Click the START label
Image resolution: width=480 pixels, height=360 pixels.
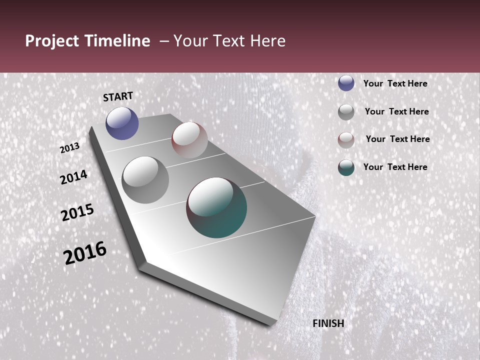pos(118,96)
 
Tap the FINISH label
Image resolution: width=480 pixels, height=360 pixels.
pos(328,323)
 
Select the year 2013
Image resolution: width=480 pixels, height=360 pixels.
pos(70,148)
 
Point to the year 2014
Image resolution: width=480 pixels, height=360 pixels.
pos(74,177)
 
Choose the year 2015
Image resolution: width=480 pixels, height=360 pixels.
pos(77,213)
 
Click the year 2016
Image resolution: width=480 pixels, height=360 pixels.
pos(85,253)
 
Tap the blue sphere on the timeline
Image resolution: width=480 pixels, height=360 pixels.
pos(122,123)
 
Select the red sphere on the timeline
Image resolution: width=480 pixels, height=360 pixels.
pos(189,140)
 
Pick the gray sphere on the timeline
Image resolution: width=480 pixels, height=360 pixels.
pos(145,179)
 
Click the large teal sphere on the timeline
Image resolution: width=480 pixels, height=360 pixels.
pos(216,207)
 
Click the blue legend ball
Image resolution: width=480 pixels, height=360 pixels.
pos(346,83)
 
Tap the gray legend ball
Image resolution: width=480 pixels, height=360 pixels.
pos(346,111)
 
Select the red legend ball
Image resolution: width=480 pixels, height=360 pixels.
pos(346,139)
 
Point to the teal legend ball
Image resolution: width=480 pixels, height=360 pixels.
pos(346,167)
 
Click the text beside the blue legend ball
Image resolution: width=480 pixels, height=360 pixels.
pos(395,83)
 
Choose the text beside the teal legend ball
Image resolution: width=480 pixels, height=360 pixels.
pos(395,167)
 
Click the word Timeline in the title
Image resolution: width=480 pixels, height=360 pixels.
pos(117,41)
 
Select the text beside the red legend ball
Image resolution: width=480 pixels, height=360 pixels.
pos(397,139)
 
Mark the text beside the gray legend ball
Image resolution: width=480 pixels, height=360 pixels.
pos(396,111)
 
